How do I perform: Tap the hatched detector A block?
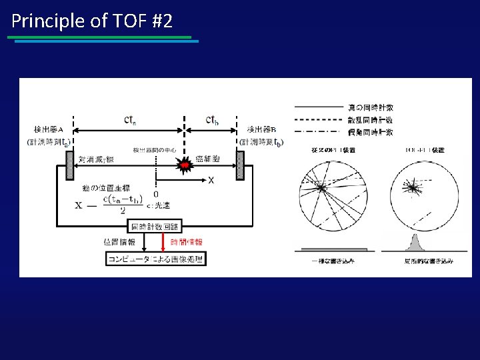tap(69, 165)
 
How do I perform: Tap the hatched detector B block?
tap(241, 165)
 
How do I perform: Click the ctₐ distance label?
tap(131, 120)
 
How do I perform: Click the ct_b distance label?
tap(212, 120)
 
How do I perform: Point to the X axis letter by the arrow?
tap(211, 180)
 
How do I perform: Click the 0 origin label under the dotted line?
tap(156, 194)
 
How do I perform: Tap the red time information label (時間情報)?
tap(187, 243)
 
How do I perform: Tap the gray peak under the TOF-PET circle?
tap(413, 242)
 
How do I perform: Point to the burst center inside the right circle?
tap(413, 189)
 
